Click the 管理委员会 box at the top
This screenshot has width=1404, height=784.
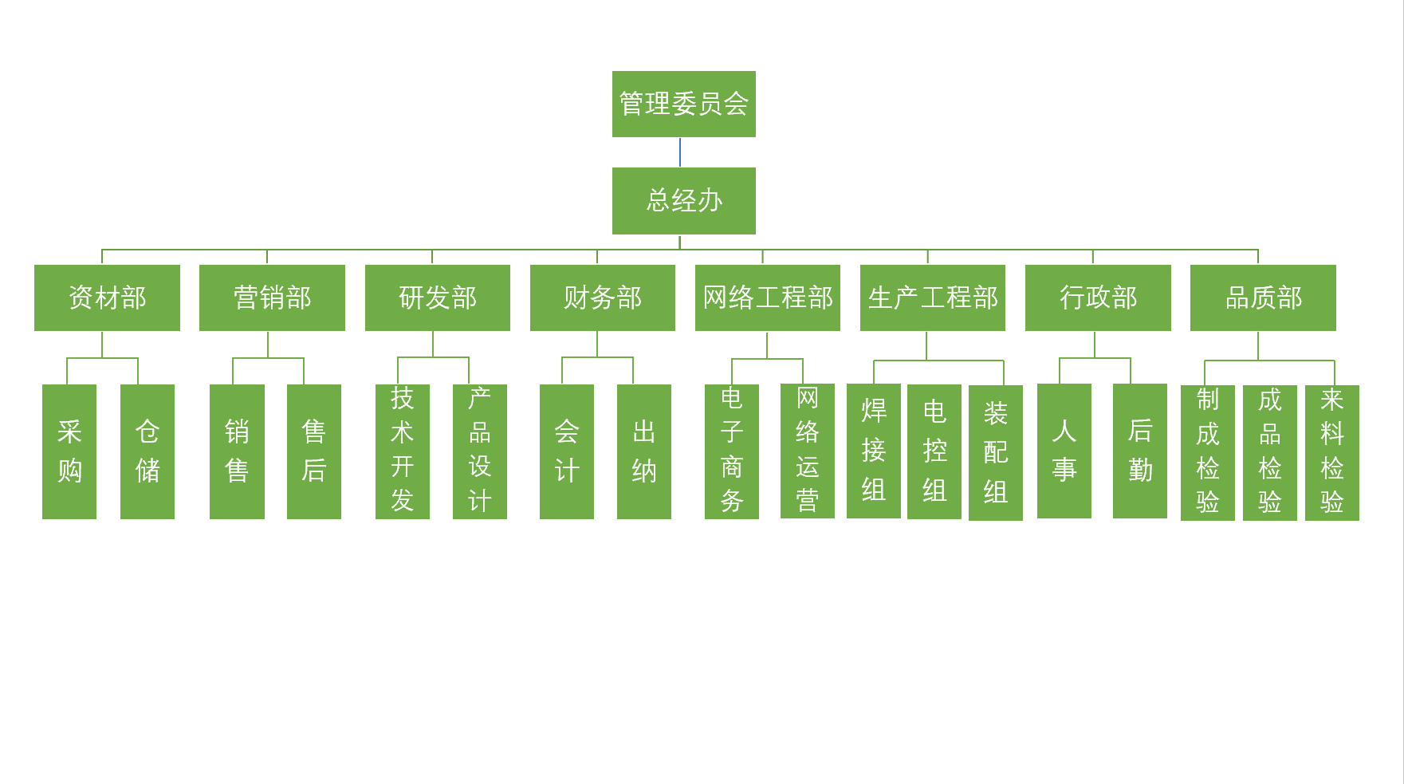(683, 104)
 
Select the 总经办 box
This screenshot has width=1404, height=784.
(683, 200)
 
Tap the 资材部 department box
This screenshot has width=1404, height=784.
(107, 297)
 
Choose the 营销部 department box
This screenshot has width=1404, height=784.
(272, 297)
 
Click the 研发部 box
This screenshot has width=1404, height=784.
(437, 297)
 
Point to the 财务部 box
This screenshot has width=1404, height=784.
(602, 297)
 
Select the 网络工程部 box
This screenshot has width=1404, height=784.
(767, 297)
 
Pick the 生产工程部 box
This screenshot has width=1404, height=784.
(932, 297)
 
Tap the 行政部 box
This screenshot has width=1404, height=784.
(1098, 297)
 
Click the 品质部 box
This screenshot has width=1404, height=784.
(1263, 297)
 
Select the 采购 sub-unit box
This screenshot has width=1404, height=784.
(69, 451)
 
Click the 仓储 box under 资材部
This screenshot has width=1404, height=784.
(147, 451)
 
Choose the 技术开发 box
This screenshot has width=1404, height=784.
(403, 451)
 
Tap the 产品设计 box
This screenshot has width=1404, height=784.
(480, 451)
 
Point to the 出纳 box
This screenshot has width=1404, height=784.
(644, 451)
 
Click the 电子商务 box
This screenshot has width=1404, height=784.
(732, 451)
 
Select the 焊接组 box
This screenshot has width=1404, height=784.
(874, 451)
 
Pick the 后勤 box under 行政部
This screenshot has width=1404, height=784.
(1140, 451)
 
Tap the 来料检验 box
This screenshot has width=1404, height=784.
(1332, 452)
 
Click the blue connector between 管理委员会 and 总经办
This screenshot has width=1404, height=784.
(680, 152)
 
